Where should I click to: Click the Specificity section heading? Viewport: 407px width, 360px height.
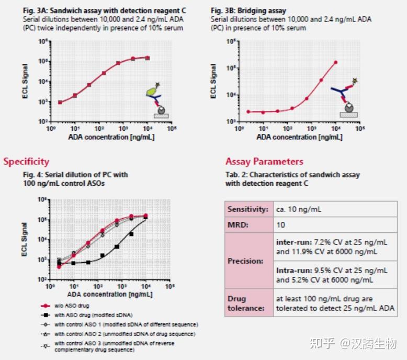coord(26,161)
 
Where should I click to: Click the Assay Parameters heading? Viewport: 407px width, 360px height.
coord(264,161)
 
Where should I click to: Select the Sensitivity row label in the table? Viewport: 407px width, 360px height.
coord(248,209)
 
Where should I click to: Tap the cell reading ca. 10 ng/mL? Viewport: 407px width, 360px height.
coord(299,209)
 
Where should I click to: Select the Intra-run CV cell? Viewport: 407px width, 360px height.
coord(332,275)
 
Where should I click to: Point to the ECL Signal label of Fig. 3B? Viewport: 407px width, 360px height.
coord(213,81)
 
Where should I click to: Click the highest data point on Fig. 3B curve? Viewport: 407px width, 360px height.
coord(335,62)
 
